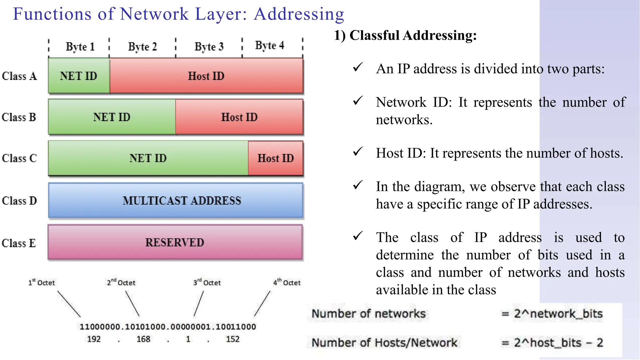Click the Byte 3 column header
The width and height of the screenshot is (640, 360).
[209, 47]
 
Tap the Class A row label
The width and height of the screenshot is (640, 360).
[19, 76]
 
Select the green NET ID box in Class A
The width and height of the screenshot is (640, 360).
[79, 76]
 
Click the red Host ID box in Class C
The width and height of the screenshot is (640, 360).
[275, 158]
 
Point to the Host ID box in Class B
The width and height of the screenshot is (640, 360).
[239, 117]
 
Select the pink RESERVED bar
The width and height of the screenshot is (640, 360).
[175, 242]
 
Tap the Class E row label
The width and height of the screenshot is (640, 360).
[19, 243]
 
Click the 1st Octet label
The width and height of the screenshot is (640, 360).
[42, 282]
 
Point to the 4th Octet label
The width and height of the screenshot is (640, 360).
[287, 282]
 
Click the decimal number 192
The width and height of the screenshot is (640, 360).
[94, 339]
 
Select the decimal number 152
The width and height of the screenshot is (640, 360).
[232, 339]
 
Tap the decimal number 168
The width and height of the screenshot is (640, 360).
[143, 339]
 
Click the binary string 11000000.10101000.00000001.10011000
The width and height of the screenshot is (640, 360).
[168, 327]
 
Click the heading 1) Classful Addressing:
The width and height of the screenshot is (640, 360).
[405, 35]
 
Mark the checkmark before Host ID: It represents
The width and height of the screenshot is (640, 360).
[358, 152]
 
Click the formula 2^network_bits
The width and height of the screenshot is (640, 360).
[558, 313]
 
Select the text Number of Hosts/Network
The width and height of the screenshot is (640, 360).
[384, 343]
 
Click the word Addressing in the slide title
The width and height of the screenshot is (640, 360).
[299, 14]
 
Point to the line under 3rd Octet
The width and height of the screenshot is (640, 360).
[199, 303]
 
